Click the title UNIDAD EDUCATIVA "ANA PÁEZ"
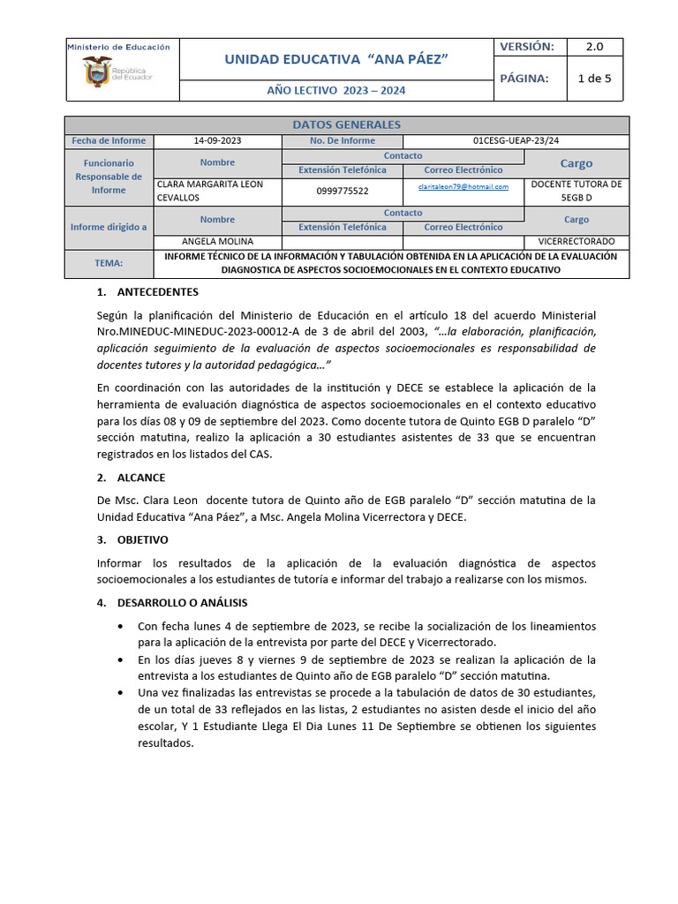(x=336, y=58)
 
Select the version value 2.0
(x=594, y=47)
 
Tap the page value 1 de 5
(x=594, y=78)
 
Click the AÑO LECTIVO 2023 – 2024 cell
(x=336, y=91)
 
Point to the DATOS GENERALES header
(x=346, y=124)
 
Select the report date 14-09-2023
(x=217, y=140)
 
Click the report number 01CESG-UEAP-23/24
(x=516, y=140)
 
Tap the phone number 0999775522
(x=343, y=191)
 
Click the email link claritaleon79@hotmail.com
(x=463, y=187)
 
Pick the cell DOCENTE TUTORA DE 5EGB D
(x=576, y=191)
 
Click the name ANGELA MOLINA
(x=217, y=241)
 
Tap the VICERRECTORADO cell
(x=576, y=241)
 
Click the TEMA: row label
(x=109, y=263)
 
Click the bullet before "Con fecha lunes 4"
(x=120, y=626)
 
